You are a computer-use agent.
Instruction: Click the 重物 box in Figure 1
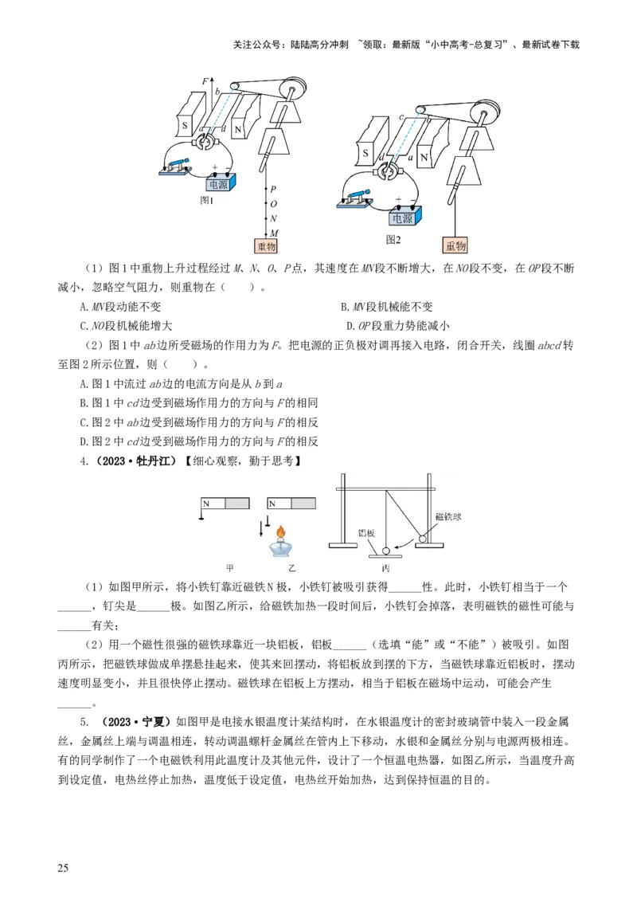[x=266, y=245]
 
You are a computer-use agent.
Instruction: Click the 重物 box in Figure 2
[x=455, y=245]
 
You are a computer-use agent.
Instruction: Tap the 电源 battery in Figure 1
[x=218, y=183]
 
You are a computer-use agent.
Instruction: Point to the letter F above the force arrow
[x=205, y=82]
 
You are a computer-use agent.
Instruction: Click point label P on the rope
[x=273, y=190]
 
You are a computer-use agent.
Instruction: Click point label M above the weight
[x=274, y=233]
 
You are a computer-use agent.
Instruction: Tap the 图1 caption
[x=206, y=200]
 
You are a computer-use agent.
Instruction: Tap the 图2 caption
[x=393, y=239]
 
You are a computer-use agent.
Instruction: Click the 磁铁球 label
[x=448, y=516]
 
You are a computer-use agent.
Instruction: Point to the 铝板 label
[x=366, y=533]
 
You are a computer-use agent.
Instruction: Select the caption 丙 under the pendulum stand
[x=385, y=568]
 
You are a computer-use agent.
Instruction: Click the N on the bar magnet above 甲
[x=206, y=504]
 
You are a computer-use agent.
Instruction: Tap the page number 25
[x=63, y=868]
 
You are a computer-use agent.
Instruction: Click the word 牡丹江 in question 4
[x=155, y=461]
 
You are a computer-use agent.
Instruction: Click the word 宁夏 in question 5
[x=153, y=722]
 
